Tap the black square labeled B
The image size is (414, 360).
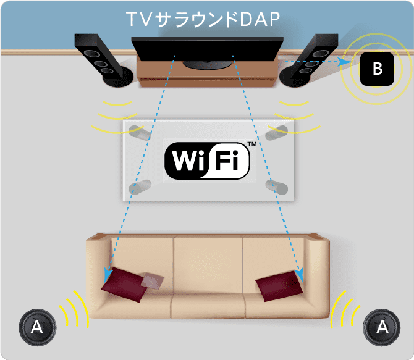point(377,69)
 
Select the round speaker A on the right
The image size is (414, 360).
point(383,326)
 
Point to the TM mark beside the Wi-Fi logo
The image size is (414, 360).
point(251,144)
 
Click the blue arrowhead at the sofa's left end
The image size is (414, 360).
point(108,273)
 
